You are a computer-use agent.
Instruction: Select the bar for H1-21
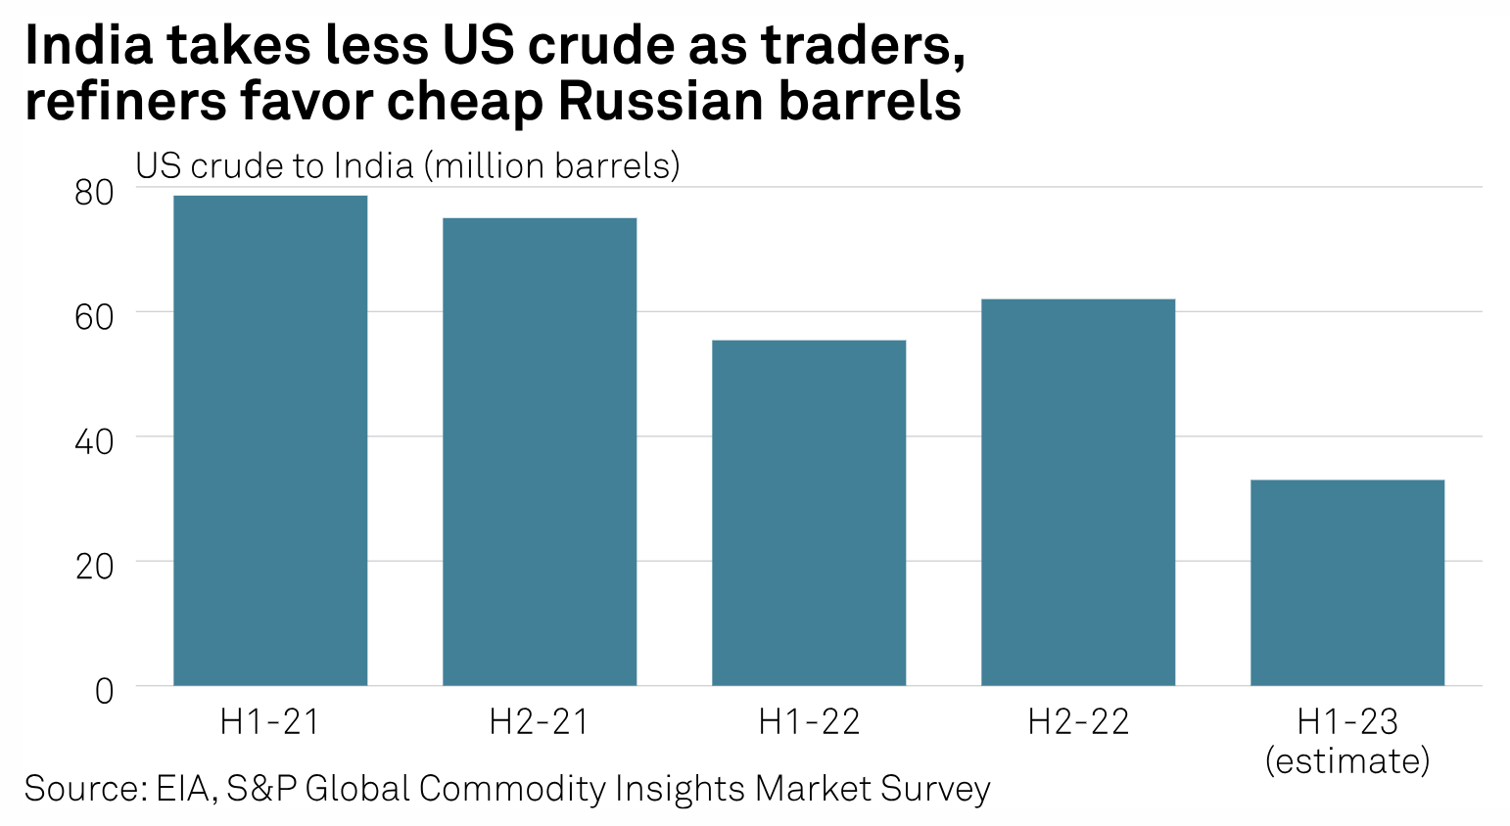[x=270, y=440]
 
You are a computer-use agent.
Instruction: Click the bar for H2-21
[x=540, y=451]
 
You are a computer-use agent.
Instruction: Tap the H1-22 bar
[x=809, y=513]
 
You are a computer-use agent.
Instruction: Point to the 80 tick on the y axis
[x=95, y=193]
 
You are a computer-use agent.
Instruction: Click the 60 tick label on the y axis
[x=95, y=317]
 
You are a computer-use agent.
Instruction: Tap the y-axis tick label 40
[x=95, y=441]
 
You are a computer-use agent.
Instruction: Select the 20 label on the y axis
[x=95, y=566]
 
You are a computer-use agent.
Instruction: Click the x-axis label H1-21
[x=270, y=722]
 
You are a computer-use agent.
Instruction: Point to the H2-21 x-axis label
[x=540, y=722]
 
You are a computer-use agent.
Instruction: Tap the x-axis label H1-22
[x=809, y=722]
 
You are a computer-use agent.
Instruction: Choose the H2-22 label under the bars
[x=1078, y=722]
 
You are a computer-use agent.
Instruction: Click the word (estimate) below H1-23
[x=1347, y=760]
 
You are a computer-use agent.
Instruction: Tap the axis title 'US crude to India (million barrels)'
[x=407, y=165]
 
